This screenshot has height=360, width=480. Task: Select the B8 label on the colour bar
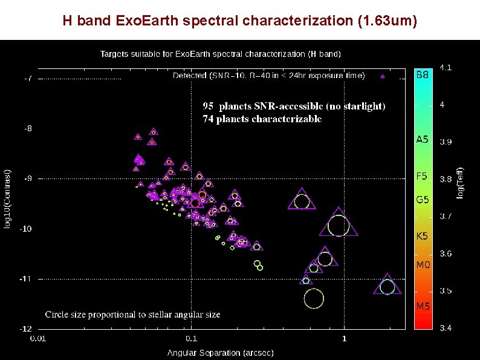coord(423,76)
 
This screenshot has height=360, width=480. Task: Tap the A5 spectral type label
coord(422,139)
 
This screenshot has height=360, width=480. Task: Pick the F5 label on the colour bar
coord(422,177)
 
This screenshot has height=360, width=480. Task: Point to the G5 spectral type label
coord(422,199)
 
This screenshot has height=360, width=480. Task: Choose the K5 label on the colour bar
coord(422,236)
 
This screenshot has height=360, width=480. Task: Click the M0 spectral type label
coord(422,264)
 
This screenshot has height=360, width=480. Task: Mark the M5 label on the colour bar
coord(422,306)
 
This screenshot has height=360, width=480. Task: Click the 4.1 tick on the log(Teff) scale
coord(445,67)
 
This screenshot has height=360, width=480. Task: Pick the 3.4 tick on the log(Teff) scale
coord(445,329)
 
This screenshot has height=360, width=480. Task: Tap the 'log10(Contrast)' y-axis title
coord(8,199)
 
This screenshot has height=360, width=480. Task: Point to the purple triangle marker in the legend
coord(383,76)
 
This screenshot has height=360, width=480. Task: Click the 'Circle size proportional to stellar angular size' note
coord(132,315)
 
